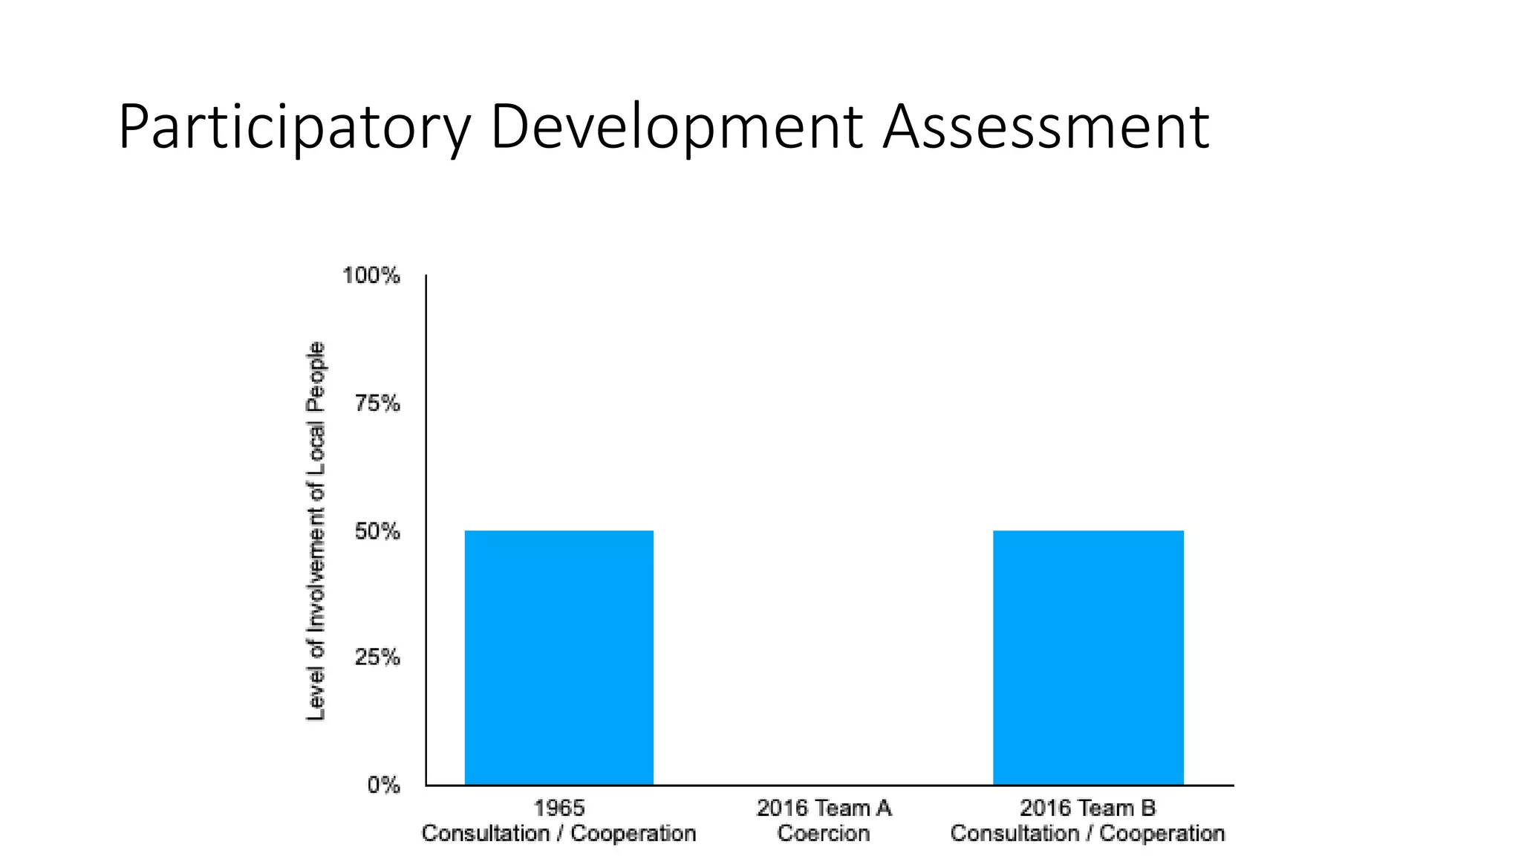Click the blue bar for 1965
558,657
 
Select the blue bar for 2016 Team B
1088,657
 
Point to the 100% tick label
371,276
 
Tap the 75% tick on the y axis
377,403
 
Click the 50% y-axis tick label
377,531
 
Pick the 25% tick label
377,658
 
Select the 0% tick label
383,785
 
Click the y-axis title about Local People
316,531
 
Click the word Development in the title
676,128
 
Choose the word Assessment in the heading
1046,128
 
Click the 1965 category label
559,808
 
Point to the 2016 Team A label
824,808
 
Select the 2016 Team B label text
1088,808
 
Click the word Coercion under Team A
824,834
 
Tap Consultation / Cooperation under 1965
559,834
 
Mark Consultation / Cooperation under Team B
1088,834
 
